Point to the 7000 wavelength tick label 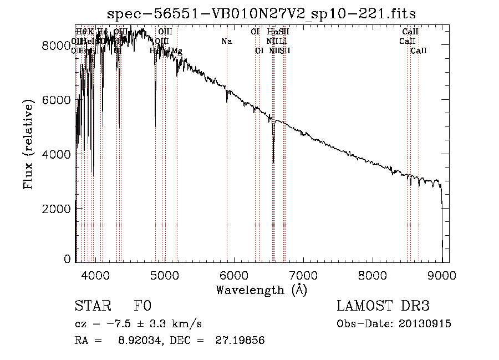303,274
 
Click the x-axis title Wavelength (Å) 261,290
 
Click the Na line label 226,42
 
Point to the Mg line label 176,51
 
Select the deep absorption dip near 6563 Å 273,158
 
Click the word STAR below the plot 92,307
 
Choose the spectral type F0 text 142,307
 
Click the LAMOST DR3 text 383,307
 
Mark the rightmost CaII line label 419,51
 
